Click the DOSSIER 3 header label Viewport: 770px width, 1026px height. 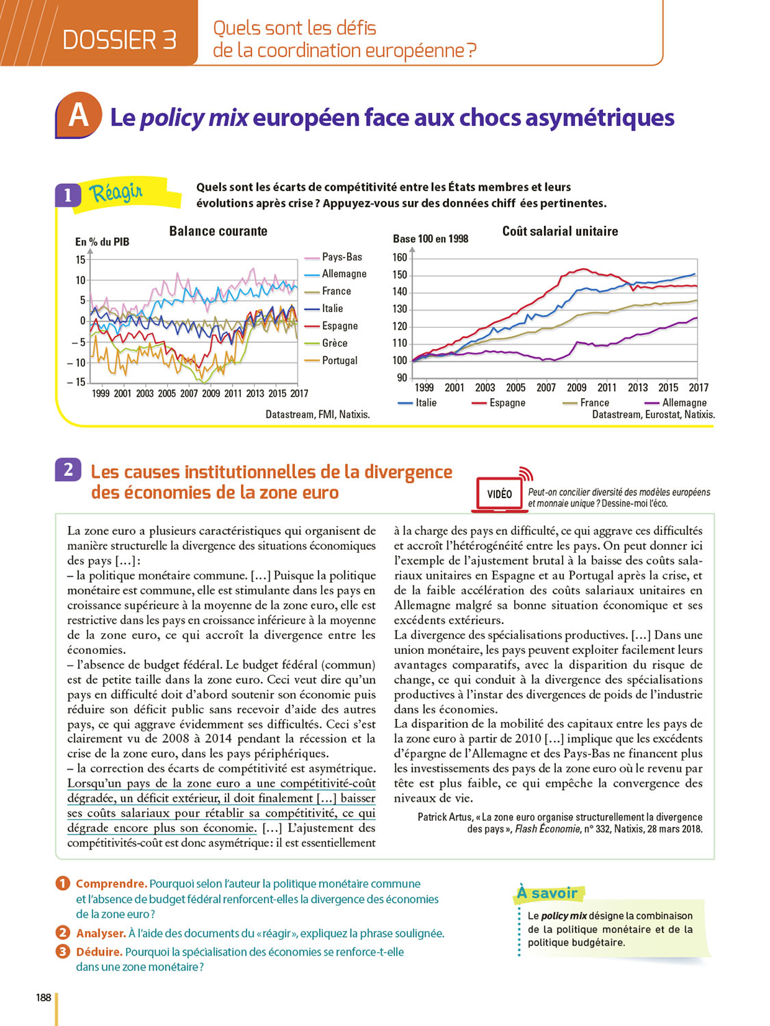click(x=119, y=40)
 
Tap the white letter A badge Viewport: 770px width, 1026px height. click(x=78, y=115)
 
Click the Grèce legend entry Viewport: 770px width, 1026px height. click(x=334, y=343)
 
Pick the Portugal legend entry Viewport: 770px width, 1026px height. click(x=339, y=360)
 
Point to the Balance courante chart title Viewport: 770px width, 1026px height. click(x=218, y=231)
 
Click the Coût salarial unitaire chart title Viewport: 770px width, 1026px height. click(x=560, y=231)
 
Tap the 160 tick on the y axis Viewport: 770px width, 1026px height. click(x=400, y=258)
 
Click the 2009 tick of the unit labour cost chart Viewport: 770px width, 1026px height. click(x=576, y=388)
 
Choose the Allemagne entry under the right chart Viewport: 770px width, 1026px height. click(x=684, y=403)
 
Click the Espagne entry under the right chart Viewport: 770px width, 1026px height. click(x=507, y=403)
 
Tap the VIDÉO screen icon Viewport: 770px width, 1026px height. click(x=499, y=494)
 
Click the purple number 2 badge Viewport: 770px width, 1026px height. click(x=68, y=470)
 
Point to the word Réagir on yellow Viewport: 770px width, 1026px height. click(x=116, y=193)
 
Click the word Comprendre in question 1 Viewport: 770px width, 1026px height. click(x=111, y=884)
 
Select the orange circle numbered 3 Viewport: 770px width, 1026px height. click(x=63, y=951)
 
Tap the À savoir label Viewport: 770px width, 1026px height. click(x=547, y=893)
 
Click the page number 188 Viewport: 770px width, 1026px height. click(x=44, y=997)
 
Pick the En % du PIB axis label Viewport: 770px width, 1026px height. click(x=102, y=242)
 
